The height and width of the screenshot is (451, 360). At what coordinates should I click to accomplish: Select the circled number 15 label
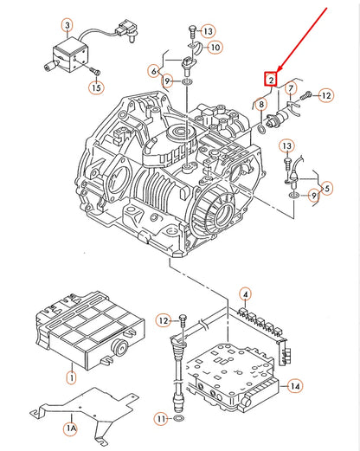(95, 87)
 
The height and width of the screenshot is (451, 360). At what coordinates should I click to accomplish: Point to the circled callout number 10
(215, 47)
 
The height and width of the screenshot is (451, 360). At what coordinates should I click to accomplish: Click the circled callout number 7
(292, 88)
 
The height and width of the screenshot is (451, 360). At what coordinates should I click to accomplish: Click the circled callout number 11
(162, 419)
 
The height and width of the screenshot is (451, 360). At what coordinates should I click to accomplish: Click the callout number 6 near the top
(154, 70)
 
